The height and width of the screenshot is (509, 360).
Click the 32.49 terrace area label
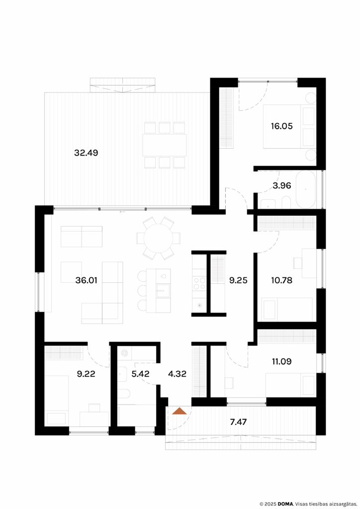tap(86, 153)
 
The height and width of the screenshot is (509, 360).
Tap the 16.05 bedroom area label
tap(281, 126)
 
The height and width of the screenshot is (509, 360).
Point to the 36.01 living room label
tap(86, 280)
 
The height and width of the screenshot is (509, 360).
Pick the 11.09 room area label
tap(281, 361)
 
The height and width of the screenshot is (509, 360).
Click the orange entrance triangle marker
tap(179, 411)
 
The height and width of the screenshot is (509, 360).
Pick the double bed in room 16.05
tap(288, 127)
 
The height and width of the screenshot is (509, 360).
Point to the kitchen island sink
tap(163, 290)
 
